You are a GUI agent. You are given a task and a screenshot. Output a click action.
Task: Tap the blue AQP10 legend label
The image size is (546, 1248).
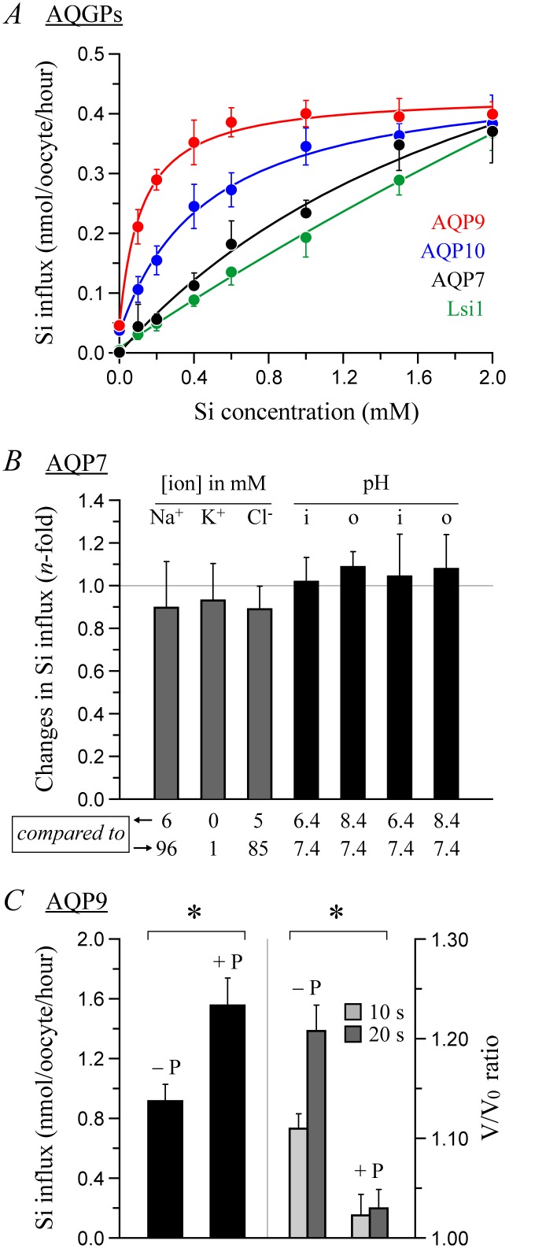pos(452,251)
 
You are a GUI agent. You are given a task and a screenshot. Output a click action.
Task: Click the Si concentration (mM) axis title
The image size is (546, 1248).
pos(308,411)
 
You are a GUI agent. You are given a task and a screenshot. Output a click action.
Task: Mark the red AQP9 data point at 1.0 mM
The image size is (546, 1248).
pos(306,115)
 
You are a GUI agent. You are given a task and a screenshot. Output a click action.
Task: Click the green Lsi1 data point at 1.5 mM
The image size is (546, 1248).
pos(400,180)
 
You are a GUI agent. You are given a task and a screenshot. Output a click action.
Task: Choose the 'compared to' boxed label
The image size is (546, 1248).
pos(71,833)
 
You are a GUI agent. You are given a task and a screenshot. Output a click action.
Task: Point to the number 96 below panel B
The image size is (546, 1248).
pos(167,848)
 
